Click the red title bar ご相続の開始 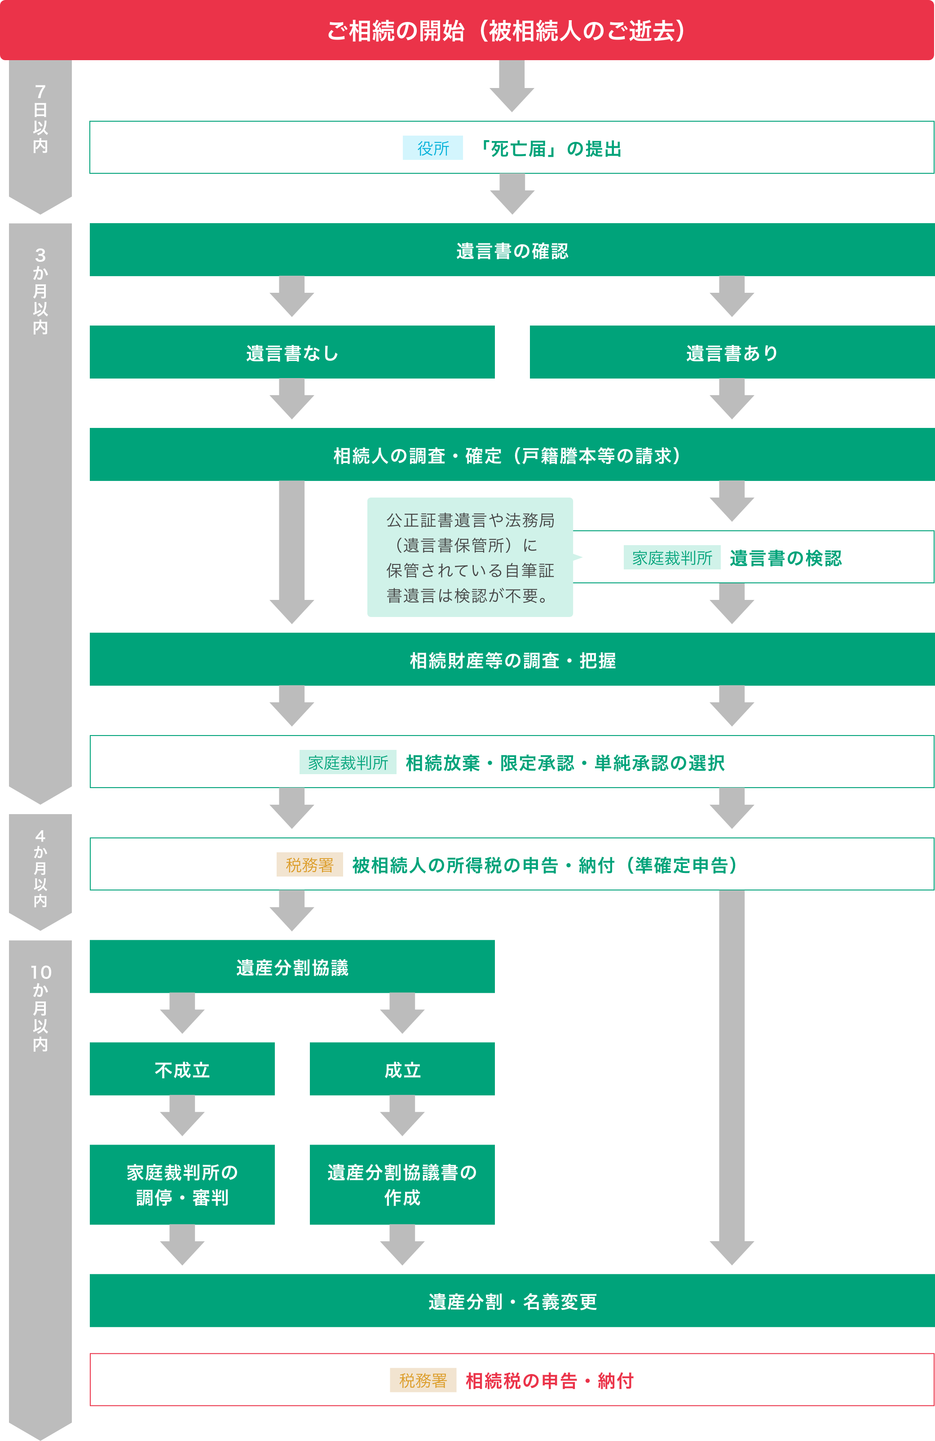pyautogui.click(x=467, y=30)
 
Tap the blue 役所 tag pyautogui.click(x=432, y=148)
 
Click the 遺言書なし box pyautogui.click(x=292, y=353)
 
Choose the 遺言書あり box pyautogui.click(x=732, y=353)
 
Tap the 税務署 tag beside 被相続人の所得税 pyautogui.click(x=309, y=864)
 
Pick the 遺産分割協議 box pyautogui.click(x=292, y=967)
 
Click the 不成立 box pyautogui.click(x=182, y=1069)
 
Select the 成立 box pyautogui.click(x=402, y=1069)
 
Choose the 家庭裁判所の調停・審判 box pyautogui.click(x=182, y=1184)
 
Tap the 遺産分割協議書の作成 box pyautogui.click(x=402, y=1184)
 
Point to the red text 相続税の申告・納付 pyautogui.click(x=549, y=1380)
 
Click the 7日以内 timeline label pyautogui.click(x=40, y=119)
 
